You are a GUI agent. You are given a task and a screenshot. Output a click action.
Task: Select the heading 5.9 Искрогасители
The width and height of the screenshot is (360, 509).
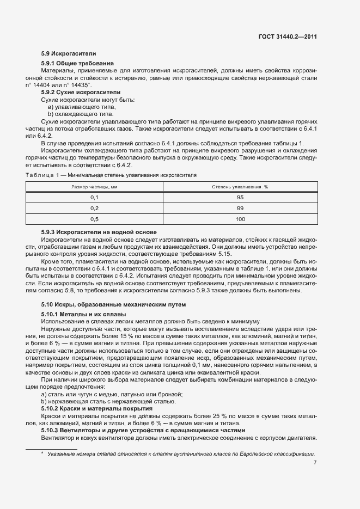point(69,54)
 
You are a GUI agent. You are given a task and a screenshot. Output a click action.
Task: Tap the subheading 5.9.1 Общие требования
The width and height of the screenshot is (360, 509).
point(77,64)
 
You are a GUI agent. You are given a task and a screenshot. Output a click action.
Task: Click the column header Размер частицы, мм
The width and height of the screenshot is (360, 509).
point(94,187)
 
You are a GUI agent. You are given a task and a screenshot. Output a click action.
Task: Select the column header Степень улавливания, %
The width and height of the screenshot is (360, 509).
point(240,187)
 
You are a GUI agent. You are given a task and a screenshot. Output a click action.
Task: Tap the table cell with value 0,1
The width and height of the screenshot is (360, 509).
point(94,198)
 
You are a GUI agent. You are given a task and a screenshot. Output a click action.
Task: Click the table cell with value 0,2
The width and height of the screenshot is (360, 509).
point(94,208)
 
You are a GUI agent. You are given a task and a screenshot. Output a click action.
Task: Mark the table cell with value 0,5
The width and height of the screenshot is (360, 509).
point(94,219)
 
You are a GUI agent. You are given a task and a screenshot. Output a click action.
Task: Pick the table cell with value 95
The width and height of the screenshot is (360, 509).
point(240,198)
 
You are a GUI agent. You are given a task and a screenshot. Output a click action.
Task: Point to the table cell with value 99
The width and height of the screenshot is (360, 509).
point(240,208)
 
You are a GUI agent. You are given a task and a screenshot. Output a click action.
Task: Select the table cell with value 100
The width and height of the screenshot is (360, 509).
point(240,219)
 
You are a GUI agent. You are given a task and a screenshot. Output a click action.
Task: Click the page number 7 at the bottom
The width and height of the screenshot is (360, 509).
point(315,463)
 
